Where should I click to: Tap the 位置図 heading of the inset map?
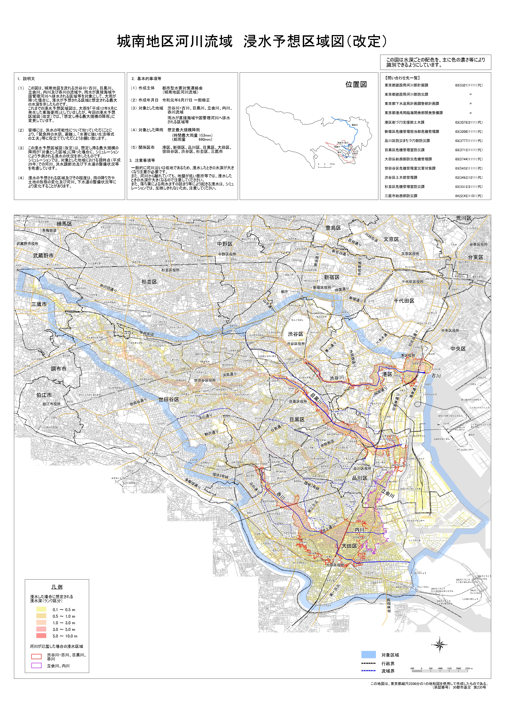[356, 84]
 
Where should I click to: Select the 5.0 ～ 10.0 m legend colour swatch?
[41, 636]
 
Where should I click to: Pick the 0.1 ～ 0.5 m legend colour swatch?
[41, 609]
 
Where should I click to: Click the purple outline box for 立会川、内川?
[36, 666]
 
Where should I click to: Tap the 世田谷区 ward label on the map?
[169, 399]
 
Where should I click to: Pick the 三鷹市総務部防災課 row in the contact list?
[401, 196]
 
